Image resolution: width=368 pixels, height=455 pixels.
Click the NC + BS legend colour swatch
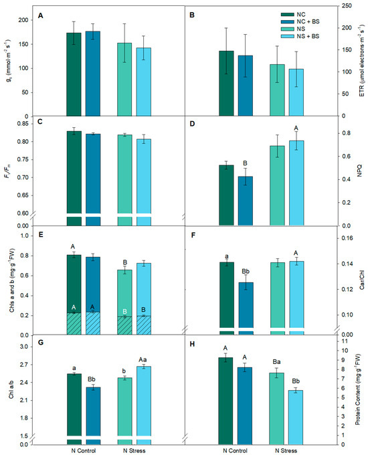(x=288, y=22)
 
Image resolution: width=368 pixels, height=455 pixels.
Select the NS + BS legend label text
(x=308, y=36)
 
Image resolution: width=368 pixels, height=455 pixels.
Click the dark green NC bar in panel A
(x=74, y=74)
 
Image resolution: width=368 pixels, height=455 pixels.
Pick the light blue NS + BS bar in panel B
(x=296, y=92)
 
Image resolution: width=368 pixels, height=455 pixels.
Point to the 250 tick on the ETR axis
(x=347, y=6)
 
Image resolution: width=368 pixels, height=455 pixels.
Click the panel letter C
(x=40, y=122)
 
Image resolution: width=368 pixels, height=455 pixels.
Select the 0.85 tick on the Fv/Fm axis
(x=23, y=124)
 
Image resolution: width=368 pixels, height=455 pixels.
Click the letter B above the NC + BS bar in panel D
(x=246, y=164)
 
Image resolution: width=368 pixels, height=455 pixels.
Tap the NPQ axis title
(x=359, y=171)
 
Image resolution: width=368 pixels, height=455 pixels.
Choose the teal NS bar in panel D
(x=277, y=186)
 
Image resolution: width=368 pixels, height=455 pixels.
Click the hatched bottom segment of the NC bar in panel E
(x=74, y=324)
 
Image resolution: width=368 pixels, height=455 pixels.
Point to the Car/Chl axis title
(x=362, y=280)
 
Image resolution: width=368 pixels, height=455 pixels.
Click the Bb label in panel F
(x=246, y=272)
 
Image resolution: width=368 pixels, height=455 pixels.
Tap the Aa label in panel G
(x=143, y=360)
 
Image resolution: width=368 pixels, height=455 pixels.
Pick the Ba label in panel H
(x=276, y=362)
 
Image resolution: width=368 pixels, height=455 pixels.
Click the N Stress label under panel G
(x=134, y=450)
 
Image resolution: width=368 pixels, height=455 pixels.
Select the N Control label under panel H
(x=235, y=450)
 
